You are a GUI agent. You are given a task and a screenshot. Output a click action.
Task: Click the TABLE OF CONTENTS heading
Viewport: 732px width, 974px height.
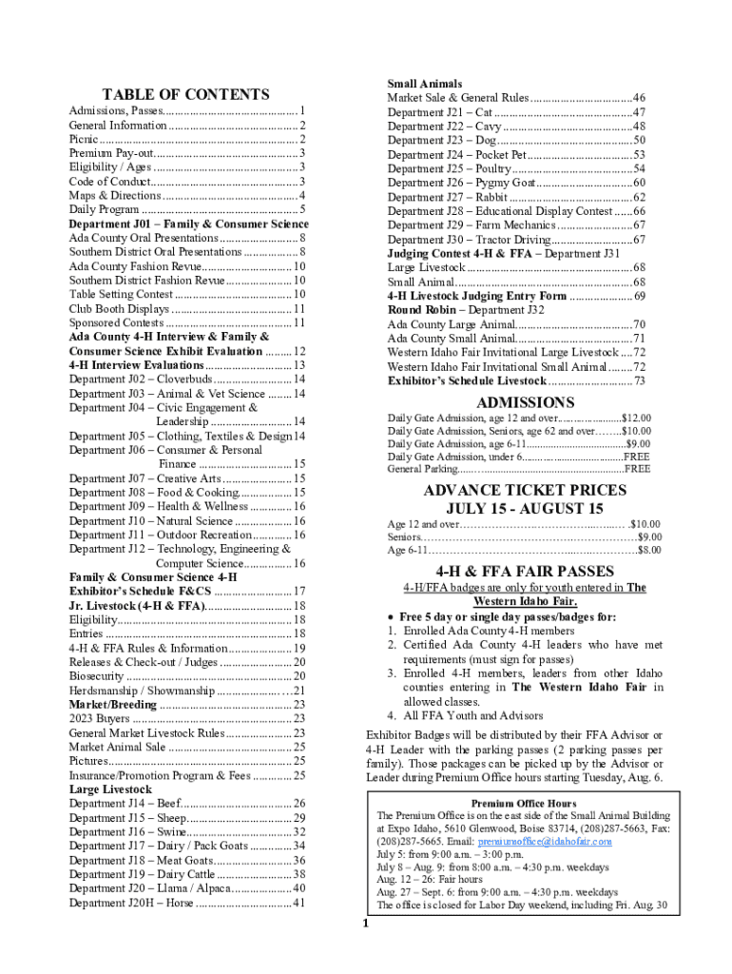click(185, 94)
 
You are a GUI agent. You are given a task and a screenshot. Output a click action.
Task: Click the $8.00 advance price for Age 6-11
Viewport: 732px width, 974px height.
click(649, 550)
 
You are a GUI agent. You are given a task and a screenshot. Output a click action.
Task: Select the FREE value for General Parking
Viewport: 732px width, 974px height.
click(637, 468)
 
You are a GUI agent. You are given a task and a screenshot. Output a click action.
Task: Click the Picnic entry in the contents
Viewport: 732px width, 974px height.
click(83, 139)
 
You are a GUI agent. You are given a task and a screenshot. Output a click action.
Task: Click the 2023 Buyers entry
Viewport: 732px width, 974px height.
click(101, 719)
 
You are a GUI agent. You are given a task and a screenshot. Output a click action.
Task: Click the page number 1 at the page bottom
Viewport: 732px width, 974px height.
click(364, 924)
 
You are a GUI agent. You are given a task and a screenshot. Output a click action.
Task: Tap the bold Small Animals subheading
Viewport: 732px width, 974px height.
click(424, 84)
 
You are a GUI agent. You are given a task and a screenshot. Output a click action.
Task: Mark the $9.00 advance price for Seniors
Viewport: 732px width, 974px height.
click(649, 536)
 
